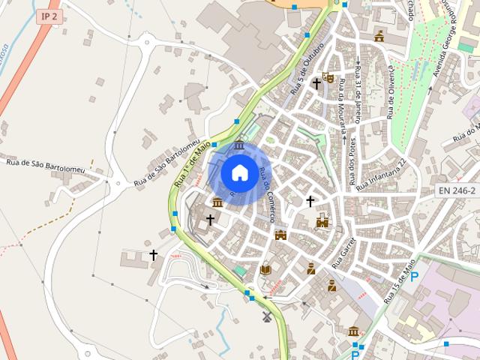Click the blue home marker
point(239,173)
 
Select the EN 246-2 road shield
point(457,191)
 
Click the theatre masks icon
point(328,76)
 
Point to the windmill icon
point(265,317)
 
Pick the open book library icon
point(265,268)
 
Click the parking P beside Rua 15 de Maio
point(413,277)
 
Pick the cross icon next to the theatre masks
point(316,85)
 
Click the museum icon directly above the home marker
point(239,145)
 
